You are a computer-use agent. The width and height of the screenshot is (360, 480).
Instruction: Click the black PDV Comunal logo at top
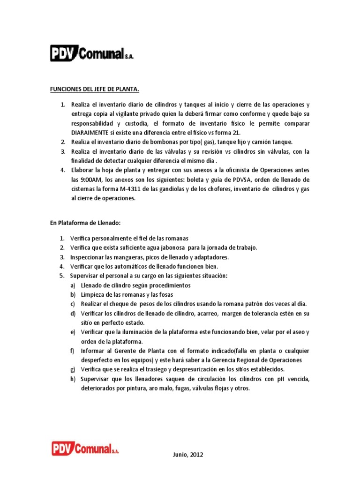click(x=91, y=53)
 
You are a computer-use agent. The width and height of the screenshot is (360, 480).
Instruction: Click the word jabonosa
click(x=172, y=247)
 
